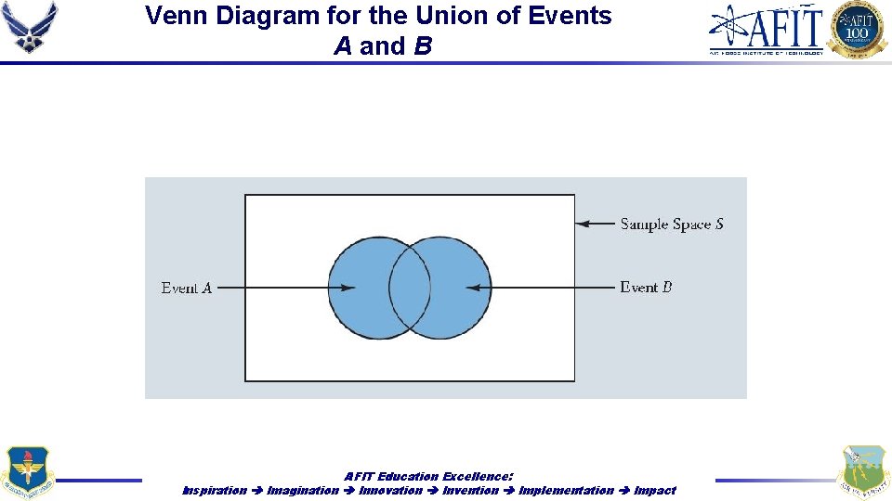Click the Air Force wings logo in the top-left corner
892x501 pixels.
[30, 28]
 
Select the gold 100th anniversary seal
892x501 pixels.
[858, 30]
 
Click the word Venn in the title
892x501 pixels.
[176, 16]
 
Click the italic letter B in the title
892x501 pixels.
[423, 46]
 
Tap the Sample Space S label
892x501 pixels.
[672, 224]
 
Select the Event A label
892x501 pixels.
[187, 288]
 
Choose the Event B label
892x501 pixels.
[646, 288]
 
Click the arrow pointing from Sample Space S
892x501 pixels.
[595, 224]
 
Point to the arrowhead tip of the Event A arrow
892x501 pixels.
[355, 288]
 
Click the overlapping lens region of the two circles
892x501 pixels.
[409, 288]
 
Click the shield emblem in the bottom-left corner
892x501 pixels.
[29, 471]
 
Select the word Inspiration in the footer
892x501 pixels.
[215, 490]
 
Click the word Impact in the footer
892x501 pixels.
[655, 490]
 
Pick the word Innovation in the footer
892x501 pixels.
[390, 490]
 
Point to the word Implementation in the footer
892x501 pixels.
[566, 490]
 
